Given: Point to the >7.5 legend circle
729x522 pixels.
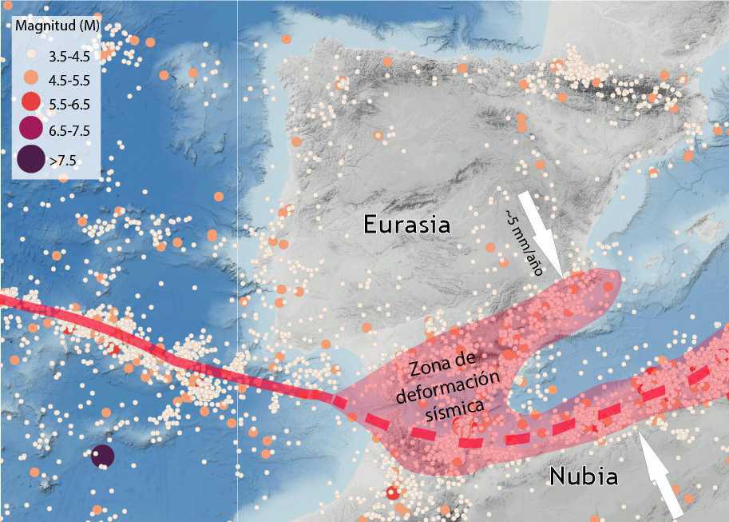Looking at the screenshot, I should click(30, 160).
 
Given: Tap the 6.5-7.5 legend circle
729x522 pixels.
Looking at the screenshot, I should click(30, 130).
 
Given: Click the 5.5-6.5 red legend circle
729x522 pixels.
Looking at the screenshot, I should click(30, 102).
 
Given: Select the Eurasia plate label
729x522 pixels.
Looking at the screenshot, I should click(406, 224).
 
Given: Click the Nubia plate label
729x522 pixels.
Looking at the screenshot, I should click(584, 477).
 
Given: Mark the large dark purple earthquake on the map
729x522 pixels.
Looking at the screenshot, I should click(102, 456).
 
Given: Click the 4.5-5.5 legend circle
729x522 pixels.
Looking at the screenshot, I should click(30, 79).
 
